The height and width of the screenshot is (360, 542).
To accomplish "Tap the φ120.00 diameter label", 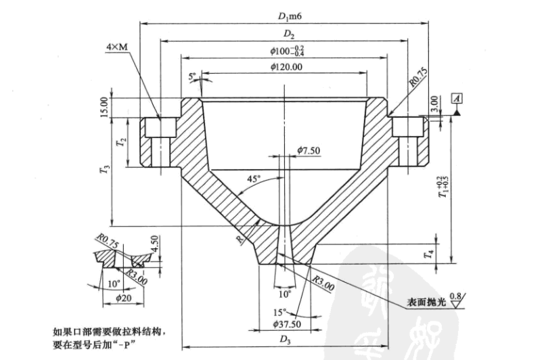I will (x=285, y=67).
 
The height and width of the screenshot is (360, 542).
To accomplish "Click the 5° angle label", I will (x=192, y=76).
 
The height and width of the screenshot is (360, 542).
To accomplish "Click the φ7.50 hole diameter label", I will (x=309, y=149).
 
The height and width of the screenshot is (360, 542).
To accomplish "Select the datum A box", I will (x=458, y=99).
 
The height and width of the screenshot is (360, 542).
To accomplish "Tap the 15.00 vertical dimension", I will (x=104, y=106).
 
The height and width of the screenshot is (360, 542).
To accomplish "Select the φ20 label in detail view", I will (x=122, y=296).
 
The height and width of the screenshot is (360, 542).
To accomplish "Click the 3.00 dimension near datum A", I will (x=434, y=103).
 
